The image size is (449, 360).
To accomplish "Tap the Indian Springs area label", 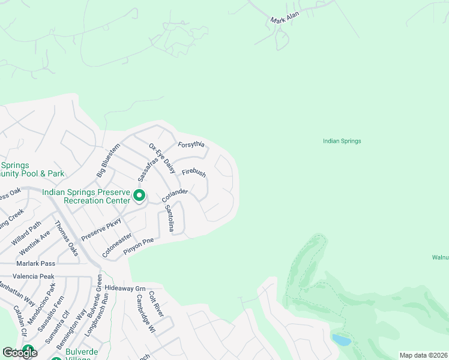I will click(x=342, y=141).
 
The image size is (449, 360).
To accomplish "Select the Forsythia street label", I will click(x=191, y=145).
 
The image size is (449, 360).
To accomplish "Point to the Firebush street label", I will click(x=194, y=173).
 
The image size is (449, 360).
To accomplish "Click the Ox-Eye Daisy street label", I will click(x=161, y=158).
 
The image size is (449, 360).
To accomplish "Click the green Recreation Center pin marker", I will click(x=139, y=195).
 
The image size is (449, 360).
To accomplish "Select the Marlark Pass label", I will click(x=35, y=263).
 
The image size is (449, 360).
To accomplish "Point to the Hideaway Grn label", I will click(x=125, y=288).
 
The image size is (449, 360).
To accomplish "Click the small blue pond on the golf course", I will click(x=341, y=340).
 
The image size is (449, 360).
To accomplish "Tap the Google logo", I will click(x=19, y=353).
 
